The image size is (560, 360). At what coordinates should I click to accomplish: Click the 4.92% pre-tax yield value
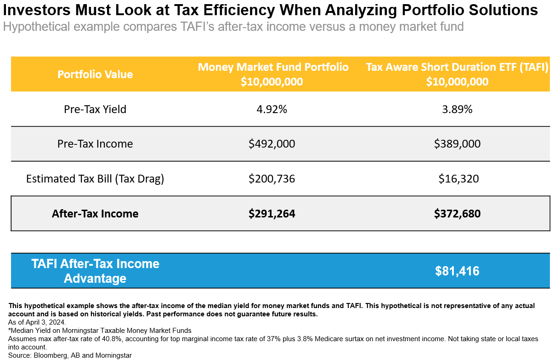click(272, 109)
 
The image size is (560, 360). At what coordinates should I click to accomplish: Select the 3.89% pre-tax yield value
click(457, 109)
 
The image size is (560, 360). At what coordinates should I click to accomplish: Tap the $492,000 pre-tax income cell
click(272, 144)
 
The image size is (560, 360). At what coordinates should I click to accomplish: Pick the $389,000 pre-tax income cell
click(457, 144)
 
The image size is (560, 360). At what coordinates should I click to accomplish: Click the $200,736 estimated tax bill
click(272, 179)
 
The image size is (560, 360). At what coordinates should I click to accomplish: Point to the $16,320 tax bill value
click(458, 179)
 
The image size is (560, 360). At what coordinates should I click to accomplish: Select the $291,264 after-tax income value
click(272, 214)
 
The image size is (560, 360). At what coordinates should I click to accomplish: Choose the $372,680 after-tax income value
click(457, 214)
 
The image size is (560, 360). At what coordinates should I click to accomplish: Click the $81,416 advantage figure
click(457, 271)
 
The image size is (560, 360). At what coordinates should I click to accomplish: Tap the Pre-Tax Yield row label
click(95, 109)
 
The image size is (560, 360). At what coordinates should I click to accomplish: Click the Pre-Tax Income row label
click(95, 144)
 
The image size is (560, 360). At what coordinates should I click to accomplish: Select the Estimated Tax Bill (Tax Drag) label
click(95, 179)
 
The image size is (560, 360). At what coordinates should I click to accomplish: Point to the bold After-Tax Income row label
click(95, 214)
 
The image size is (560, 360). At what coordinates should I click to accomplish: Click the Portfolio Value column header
click(95, 74)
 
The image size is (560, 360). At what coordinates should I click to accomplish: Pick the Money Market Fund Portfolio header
click(273, 68)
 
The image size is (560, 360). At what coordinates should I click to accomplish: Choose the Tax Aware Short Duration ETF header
click(457, 68)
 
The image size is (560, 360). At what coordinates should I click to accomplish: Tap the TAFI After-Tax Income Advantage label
click(95, 271)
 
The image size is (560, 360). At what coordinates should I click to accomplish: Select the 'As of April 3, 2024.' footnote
click(37, 322)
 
